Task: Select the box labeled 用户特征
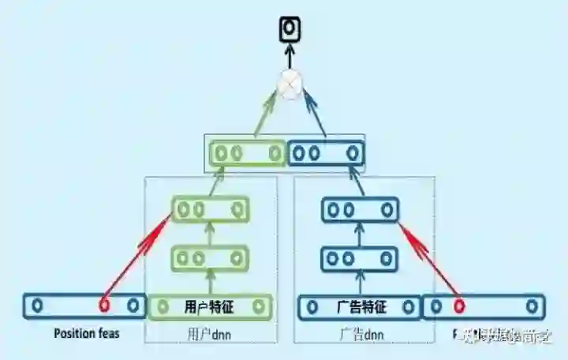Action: click(211, 306)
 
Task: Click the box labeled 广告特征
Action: click(360, 306)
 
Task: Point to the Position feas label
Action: click(87, 333)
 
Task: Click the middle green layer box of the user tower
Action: click(211, 258)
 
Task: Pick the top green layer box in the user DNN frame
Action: click(211, 209)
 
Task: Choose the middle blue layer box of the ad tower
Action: click(360, 258)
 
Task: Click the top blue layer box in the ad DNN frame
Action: click(360, 209)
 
